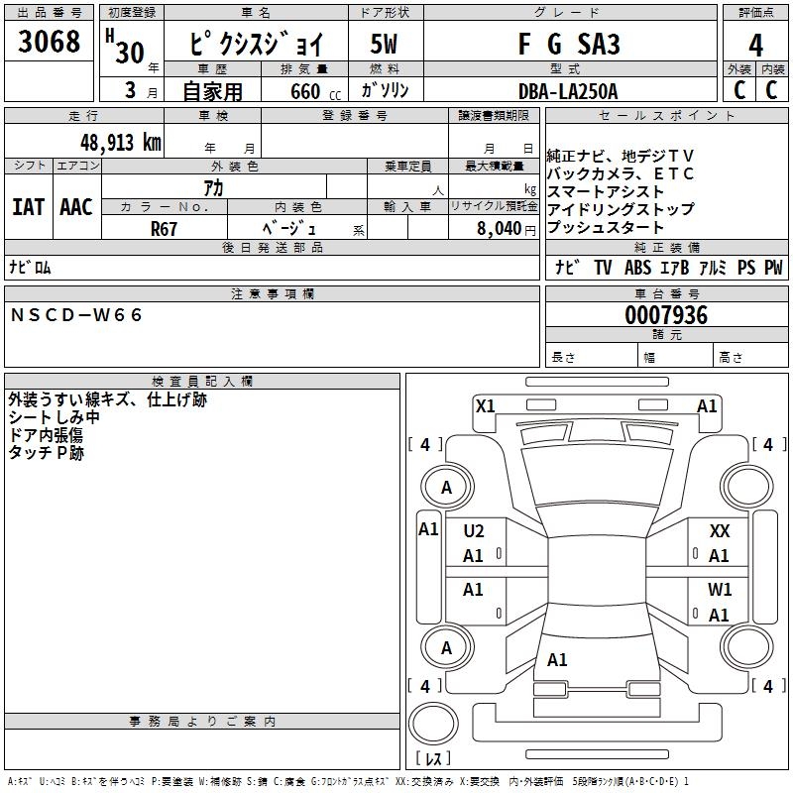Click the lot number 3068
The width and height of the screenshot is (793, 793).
pos(50,44)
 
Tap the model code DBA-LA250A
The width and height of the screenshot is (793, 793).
pos(568,91)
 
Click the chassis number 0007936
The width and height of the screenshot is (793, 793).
pos(666,316)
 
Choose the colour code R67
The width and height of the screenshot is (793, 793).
pos(164,228)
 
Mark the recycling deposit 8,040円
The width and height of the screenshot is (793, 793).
pos(506,228)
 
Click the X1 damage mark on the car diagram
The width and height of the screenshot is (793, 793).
pos(485,405)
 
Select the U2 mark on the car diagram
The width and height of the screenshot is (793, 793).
pos(474,531)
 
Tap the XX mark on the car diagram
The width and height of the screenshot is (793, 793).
pos(720,531)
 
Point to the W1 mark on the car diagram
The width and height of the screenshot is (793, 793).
pos(720,590)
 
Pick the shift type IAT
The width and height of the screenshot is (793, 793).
pos(28,207)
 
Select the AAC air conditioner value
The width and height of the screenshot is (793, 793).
pos(76,207)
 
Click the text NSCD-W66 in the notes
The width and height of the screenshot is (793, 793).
pos(77,315)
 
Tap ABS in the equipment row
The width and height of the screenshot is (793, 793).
pos(637,268)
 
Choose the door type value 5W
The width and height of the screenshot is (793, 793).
pos(384,46)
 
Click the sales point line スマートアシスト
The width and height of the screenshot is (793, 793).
pos(606,191)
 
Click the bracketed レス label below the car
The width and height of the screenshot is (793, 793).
pos(432,758)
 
